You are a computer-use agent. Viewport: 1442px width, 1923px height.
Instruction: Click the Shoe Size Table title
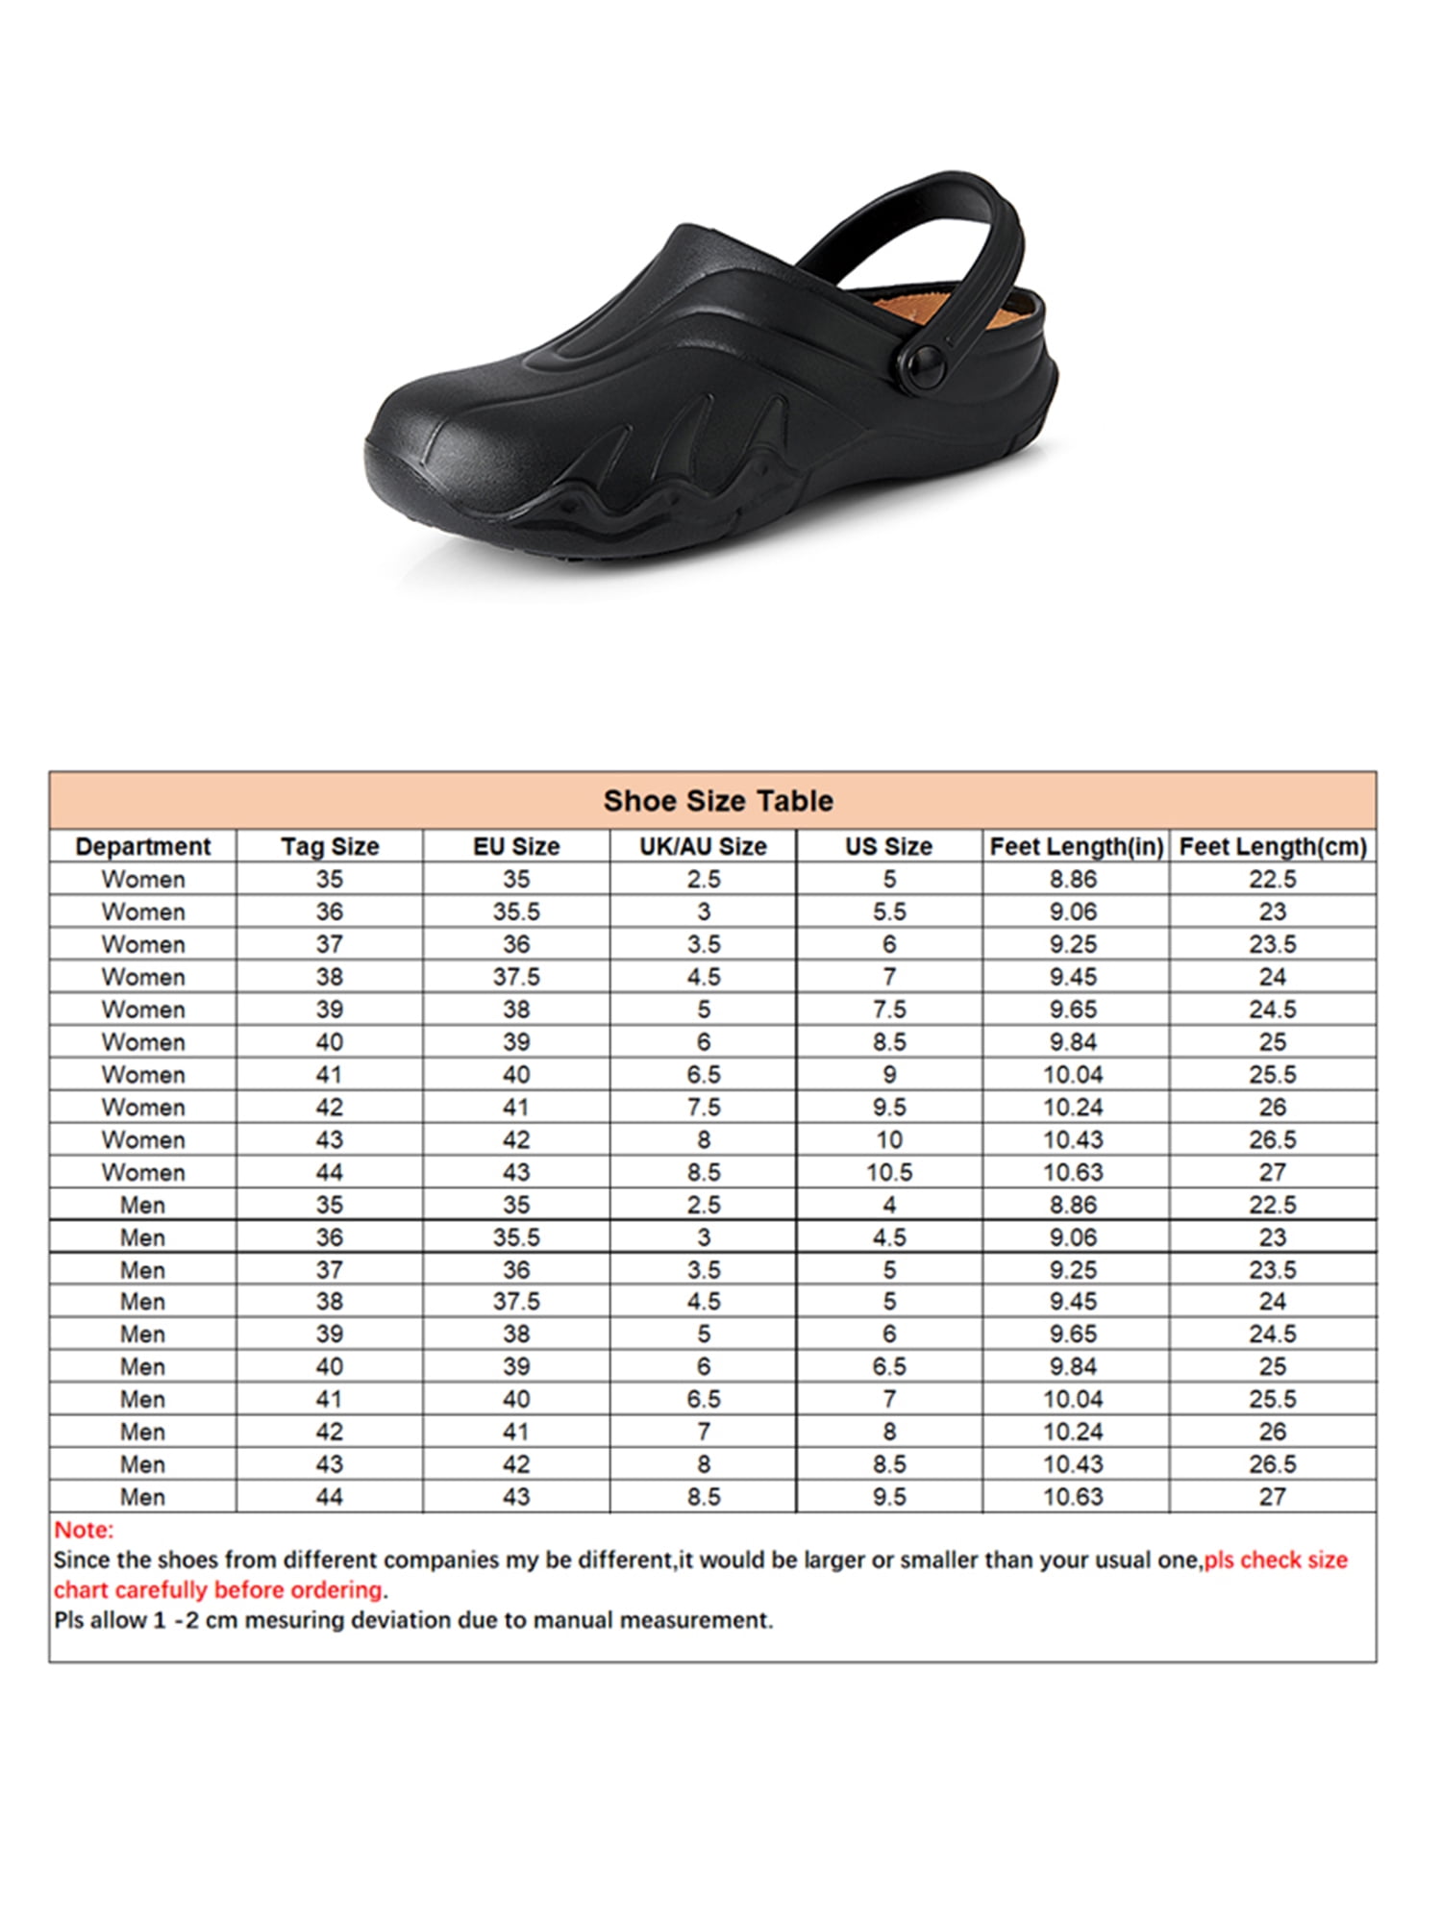(x=718, y=801)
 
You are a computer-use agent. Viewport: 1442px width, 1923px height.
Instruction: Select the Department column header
(x=142, y=846)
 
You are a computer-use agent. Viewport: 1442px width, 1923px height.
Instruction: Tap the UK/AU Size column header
(x=703, y=846)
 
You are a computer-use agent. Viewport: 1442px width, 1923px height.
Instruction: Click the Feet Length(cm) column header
(x=1273, y=846)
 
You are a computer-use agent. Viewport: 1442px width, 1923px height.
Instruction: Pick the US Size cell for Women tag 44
(x=889, y=1172)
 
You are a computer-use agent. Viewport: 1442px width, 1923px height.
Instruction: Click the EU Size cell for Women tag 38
(x=516, y=977)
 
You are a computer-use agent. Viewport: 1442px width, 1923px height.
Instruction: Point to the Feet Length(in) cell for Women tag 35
(x=1073, y=879)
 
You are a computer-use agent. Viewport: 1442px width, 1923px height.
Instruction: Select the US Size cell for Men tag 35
(x=889, y=1205)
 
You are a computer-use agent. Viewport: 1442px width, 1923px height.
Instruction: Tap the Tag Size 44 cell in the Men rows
(x=329, y=1497)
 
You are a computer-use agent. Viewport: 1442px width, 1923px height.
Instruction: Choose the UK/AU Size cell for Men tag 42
(x=703, y=1432)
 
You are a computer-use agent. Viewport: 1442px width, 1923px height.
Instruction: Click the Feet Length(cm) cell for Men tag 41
(x=1273, y=1399)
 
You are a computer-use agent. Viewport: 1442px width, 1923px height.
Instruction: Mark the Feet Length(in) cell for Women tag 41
(x=1073, y=1074)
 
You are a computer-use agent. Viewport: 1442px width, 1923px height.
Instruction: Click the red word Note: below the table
(x=84, y=1530)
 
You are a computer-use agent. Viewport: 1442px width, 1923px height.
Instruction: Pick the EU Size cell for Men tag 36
(x=516, y=1237)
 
